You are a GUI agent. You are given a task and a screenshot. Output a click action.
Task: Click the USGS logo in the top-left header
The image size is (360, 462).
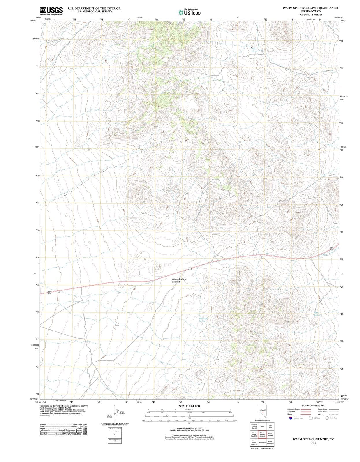[51, 11]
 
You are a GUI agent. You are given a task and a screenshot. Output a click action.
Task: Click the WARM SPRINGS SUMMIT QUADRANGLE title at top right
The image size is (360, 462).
[311, 8]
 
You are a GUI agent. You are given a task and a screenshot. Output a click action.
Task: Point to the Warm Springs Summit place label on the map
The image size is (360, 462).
[179, 280]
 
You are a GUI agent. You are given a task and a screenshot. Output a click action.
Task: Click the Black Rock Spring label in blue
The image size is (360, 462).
[202, 320]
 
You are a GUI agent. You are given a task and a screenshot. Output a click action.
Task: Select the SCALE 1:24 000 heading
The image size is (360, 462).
[189, 406]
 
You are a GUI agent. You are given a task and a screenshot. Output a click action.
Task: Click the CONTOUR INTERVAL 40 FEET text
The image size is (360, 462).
[189, 428]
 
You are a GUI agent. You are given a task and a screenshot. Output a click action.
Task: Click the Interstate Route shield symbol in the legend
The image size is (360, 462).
[291, 418]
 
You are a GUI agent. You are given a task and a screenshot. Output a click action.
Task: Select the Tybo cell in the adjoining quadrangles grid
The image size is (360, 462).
[262, 426]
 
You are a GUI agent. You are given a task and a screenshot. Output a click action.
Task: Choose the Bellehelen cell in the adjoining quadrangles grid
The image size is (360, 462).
[262, 442]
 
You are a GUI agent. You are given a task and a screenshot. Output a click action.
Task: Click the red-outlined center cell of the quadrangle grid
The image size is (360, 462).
[262, 434]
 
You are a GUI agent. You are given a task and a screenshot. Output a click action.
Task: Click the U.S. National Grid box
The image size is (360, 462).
[115, 429]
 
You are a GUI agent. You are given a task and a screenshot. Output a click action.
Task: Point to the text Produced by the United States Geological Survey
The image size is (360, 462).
[64, 406]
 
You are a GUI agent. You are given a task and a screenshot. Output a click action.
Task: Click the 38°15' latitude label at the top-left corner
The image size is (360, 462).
[32, 21]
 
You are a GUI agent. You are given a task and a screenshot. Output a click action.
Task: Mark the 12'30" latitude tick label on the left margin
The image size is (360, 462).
[36, 147]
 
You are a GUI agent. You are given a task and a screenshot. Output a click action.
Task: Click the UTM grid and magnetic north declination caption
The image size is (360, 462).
[114, 424]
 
